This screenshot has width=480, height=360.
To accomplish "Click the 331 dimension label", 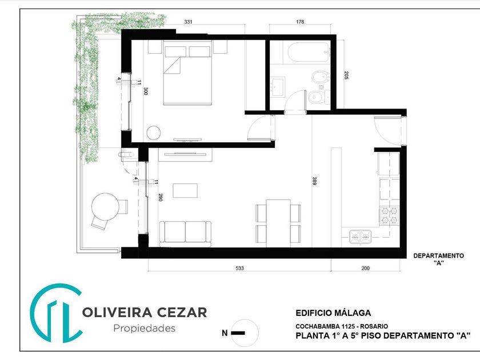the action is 188,22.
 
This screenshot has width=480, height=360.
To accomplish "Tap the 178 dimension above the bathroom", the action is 300,22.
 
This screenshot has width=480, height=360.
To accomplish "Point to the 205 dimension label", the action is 346,75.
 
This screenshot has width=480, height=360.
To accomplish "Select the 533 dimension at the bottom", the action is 239,268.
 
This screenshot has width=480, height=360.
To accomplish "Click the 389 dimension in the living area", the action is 314,181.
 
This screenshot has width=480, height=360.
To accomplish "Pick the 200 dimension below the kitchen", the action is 366,268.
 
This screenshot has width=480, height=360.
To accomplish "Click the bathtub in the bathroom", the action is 309,52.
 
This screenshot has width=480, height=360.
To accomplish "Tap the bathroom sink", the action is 278,87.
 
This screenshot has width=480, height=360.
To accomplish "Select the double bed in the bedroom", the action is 187,73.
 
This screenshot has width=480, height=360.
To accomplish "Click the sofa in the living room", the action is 185,234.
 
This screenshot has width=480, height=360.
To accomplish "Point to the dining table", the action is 278,223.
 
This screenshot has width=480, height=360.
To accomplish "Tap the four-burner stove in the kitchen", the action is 389,215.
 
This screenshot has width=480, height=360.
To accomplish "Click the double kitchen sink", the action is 361,237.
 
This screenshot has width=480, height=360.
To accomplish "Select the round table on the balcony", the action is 105,207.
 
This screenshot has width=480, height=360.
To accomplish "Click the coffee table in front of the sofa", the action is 185,190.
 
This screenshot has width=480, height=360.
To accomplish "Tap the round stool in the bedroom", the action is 154,133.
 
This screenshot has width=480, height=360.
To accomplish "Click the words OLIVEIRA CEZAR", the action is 145,313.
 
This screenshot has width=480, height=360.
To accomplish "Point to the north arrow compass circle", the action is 245,333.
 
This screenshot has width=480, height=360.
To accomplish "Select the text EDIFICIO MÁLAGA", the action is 333,313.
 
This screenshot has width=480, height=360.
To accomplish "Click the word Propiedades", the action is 145,328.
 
